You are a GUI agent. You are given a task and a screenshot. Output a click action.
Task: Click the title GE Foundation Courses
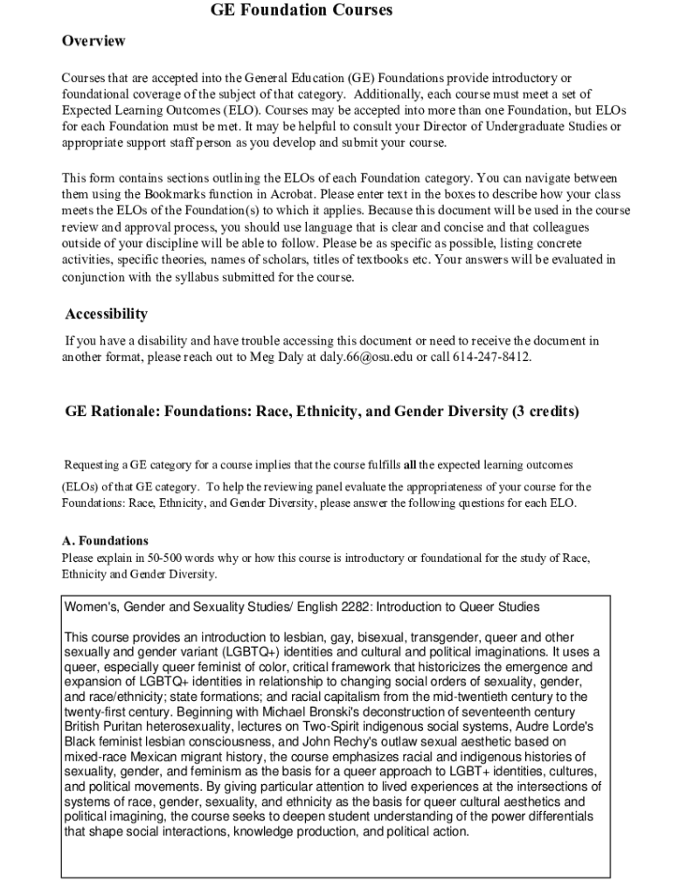pos(302,10)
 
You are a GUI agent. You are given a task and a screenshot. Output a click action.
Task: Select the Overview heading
pos(94,41)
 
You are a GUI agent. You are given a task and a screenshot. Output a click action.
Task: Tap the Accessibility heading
pos(107,314)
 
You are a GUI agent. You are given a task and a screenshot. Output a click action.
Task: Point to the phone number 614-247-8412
pos(492,357)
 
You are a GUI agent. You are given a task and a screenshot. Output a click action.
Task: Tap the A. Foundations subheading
pos(105,541)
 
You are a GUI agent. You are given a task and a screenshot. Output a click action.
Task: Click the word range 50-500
pos(170,557)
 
